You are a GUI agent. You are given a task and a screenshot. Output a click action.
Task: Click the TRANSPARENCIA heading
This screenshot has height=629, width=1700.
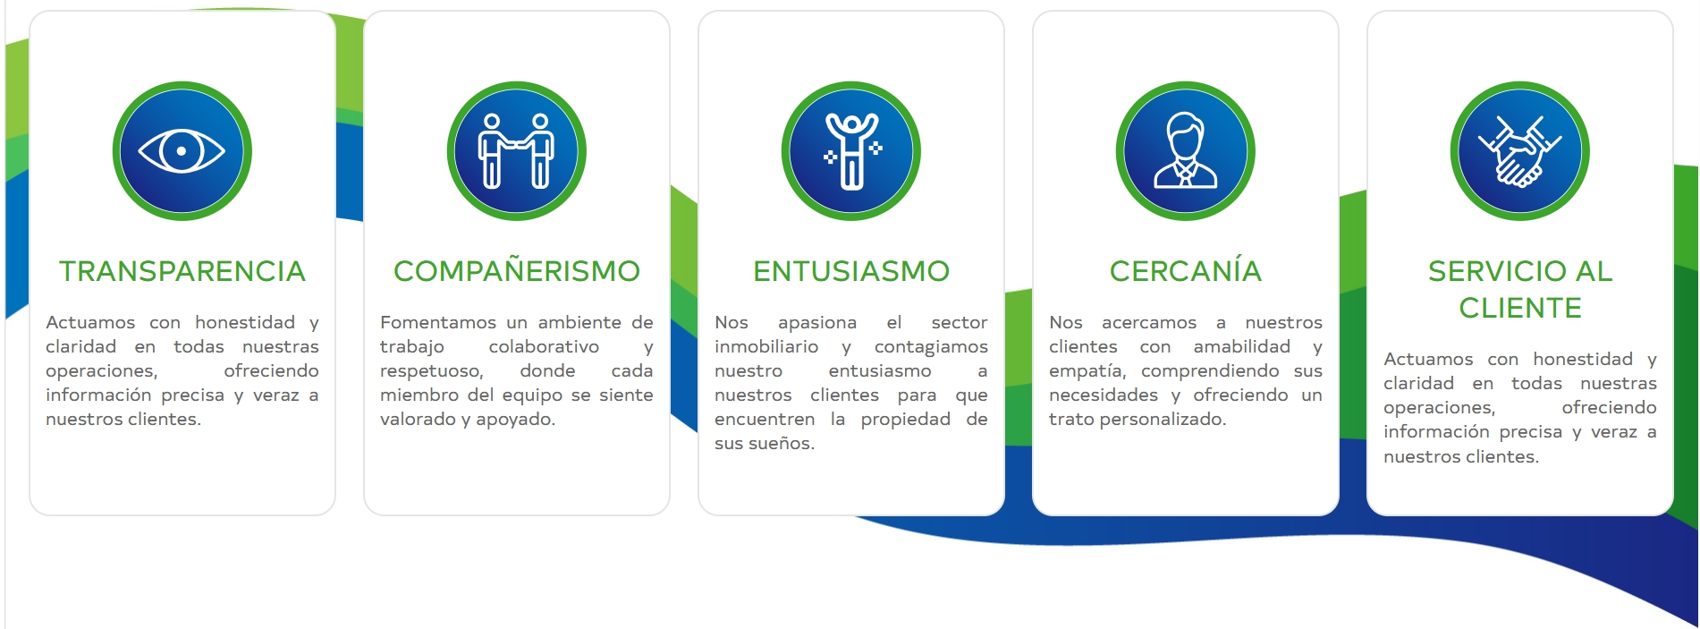pyautogui.click(x=182, y=271)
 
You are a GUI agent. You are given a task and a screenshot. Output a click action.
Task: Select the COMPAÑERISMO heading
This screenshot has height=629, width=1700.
pyautogui.click(x=517, y=271)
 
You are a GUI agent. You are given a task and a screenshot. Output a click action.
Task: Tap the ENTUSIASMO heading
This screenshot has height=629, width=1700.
pyautogui.click(x=851, y=271)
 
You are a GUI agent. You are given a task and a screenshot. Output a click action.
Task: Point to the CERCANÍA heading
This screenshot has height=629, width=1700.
pyautogui.click(x=1186, y=270)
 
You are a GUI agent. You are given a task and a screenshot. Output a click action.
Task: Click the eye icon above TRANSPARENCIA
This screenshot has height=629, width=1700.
pyautogui.click(x=182, y=151)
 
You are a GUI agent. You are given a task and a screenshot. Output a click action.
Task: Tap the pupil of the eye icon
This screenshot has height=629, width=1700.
pyautogui.click(x=182, y=151)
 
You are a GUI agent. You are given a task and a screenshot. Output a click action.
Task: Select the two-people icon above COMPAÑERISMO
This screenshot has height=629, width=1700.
pyautogui.click(x=517, y=150)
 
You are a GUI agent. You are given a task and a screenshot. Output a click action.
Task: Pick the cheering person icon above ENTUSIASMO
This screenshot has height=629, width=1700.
pyautogui.click(x=852, y=151)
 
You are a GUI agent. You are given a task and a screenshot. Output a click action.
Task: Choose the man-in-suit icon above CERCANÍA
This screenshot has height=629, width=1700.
pyautogui.click(x=1186, y=150)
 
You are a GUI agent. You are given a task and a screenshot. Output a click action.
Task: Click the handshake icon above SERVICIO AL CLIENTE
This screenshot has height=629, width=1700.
pyautogui.click(x=1520, y=151)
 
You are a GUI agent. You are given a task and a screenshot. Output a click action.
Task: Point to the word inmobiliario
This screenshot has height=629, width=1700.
pyautogui.click(x=766, y=346)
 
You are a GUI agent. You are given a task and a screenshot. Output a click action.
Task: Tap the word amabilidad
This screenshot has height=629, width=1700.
pyautogui.click(x=1242, y=346)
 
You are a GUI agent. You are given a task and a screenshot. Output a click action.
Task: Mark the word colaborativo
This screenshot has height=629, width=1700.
pyautogui.click(x=544, y=346)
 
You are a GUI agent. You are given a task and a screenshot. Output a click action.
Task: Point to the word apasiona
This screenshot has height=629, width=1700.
pyautogui.click(x=817, y=323)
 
